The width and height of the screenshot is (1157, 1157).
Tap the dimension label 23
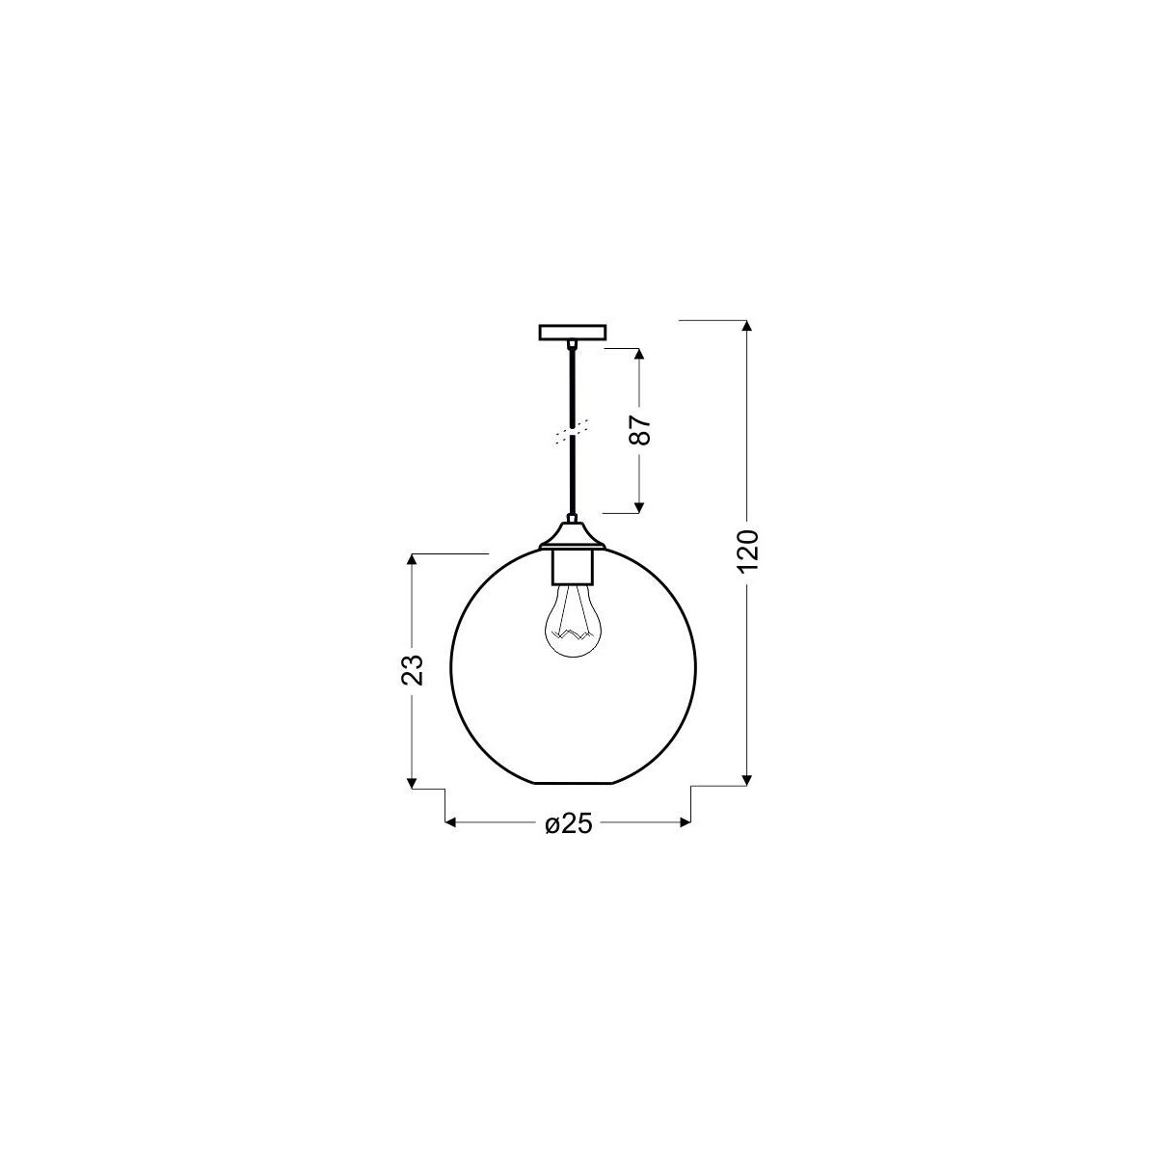coord(412,668)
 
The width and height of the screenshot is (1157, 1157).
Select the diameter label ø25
coord(567,823)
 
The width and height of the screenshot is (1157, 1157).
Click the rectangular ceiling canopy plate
coord(573,332)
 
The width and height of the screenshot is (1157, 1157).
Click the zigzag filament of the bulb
coord(573,634)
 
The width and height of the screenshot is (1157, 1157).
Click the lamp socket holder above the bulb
coord(573,566)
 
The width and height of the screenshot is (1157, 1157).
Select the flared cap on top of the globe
coord(573,535)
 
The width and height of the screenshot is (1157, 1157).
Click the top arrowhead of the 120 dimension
coord(747,327)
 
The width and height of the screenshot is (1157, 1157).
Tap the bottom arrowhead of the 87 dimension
coord(639,505)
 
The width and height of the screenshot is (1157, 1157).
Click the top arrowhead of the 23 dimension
coord(413,562)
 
